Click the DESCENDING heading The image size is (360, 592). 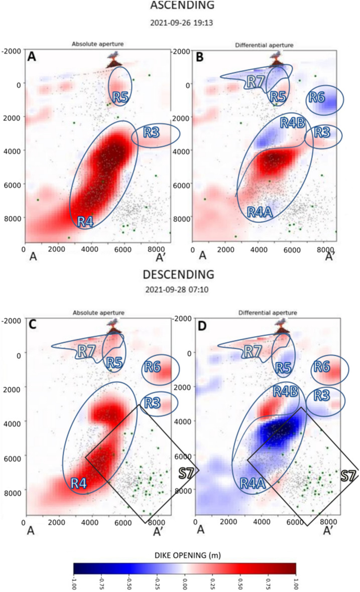(181, 274)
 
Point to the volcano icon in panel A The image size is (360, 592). (115, 61)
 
